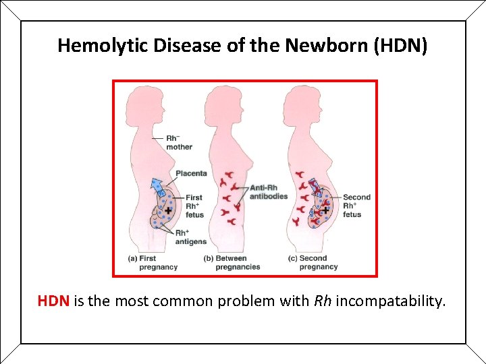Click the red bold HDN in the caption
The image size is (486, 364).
[x=53, y=301]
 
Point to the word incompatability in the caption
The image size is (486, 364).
[x=390, y=301]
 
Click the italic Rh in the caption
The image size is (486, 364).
[x=323, y=301]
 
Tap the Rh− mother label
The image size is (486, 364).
[x=179, y=142]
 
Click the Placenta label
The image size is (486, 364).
[x=191, y=173]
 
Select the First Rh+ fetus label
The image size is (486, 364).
[x=194, y=206]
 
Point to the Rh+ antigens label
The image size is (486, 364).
[x=190, y=237]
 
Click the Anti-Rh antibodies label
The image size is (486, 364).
[x=269, y=191]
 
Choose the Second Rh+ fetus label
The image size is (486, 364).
[x=356, y=206]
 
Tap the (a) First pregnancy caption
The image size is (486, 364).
[x=153, y=262]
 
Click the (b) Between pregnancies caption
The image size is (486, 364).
[x=232, y=262]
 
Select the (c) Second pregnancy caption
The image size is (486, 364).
[x=313, y=262]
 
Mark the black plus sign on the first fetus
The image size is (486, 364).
[x=167, y=210]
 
